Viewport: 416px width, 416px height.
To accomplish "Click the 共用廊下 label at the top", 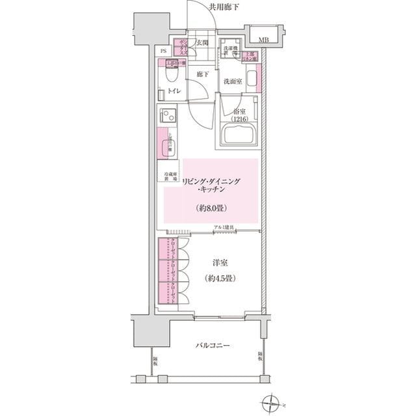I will [224, 7].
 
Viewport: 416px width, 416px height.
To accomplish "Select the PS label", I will [163, 51].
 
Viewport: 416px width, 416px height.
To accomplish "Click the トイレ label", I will [174, 92].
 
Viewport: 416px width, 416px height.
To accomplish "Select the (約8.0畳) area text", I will [211, 208].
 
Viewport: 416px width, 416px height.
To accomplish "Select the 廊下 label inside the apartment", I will [202, 75].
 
